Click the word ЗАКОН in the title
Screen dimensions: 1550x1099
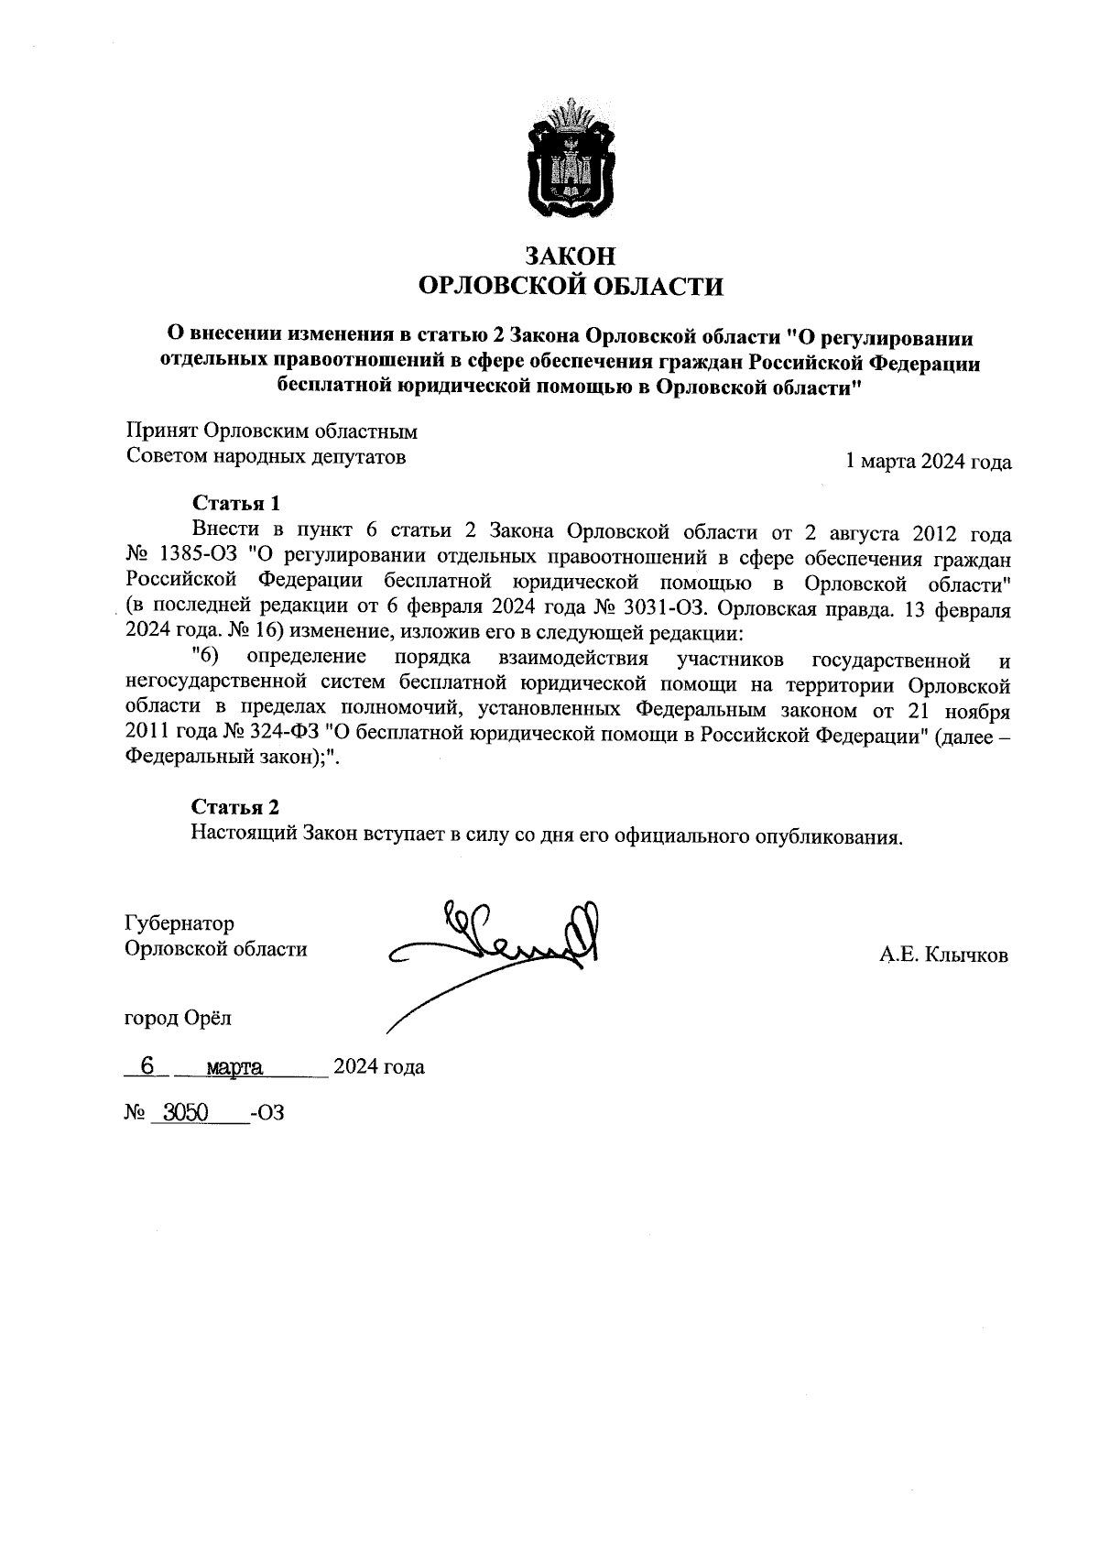click(570, 256)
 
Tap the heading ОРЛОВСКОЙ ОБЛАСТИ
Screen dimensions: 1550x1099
click(570, 287)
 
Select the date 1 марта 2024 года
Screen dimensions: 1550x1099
click(929, 462)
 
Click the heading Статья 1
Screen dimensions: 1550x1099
click(235, 503)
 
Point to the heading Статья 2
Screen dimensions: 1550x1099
click(235, 807)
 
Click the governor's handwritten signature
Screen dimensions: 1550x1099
click(513, 944)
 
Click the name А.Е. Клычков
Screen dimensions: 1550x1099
click(943, 955)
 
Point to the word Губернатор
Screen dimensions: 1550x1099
click(180, 923)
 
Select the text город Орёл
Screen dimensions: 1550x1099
click(180, 1018)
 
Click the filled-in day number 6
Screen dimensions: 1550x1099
click(145, 1065)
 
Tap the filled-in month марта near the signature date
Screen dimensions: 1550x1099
click(235, 1067)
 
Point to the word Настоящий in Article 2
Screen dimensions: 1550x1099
click(234, 835)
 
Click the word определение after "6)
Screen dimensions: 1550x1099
click(307, 658)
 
